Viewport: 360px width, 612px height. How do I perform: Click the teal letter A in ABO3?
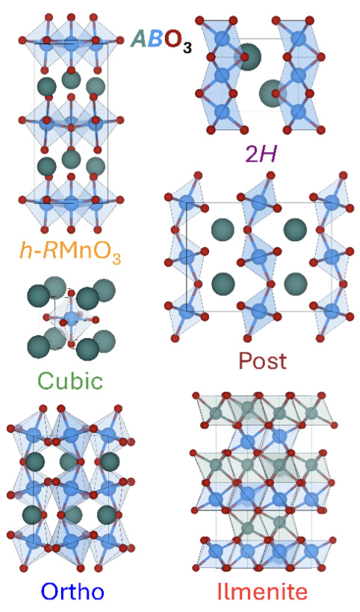point(140,39)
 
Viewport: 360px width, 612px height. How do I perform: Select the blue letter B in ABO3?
point(155,39)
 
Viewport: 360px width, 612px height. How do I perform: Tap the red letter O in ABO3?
point(173,39)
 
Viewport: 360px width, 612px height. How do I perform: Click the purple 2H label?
point(261,154)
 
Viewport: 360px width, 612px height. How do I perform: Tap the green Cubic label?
point(71,380)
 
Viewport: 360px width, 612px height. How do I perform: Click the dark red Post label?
point(262,360)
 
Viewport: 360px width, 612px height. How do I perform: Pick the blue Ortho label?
point(72,591)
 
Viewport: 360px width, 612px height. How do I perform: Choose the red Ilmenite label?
point(262,591)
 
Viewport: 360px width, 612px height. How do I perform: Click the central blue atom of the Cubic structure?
point(72,318)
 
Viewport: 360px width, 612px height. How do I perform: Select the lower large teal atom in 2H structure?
point(273,93)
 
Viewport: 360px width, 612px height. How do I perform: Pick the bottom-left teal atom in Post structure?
point(223,284)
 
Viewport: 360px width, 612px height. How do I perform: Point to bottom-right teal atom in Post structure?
point(295,284)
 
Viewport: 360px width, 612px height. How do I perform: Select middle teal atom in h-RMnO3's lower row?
point(71,159)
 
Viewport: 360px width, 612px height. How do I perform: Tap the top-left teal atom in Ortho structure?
point(35,461)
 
